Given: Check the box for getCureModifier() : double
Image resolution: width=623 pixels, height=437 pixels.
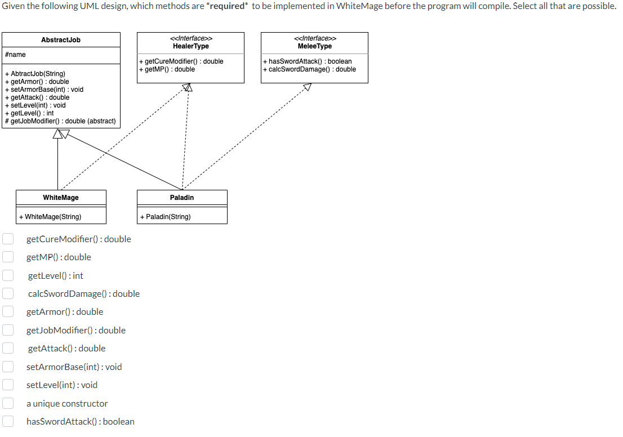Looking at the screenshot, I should (8, 239).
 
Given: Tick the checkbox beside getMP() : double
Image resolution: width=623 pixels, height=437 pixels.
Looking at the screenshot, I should (8, 257).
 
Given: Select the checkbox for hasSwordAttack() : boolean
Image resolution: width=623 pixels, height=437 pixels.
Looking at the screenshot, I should (8, 421).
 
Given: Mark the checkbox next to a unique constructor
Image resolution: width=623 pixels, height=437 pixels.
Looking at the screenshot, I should (8, 403).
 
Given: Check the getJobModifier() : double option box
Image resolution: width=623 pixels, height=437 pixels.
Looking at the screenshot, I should (8, 330).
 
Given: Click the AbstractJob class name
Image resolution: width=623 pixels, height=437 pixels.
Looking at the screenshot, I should (61, 40).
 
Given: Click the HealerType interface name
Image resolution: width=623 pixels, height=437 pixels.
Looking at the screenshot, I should (190, 46).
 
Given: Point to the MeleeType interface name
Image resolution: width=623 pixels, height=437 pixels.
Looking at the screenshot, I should (314, 46).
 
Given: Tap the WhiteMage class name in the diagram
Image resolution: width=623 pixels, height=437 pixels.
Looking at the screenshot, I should (61, 198).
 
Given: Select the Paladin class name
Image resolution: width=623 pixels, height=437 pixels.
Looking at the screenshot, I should (182, 198).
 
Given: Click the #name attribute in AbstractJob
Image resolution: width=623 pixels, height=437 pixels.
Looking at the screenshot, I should (15, 55).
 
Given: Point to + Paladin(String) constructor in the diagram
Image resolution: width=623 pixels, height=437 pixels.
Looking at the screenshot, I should (166, 217).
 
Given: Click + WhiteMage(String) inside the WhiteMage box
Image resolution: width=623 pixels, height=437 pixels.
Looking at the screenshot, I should (50, 217).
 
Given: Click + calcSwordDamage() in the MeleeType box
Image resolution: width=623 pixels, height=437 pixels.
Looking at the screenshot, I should (309, 69).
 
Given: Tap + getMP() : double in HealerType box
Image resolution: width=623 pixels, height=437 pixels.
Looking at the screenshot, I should (167, 69).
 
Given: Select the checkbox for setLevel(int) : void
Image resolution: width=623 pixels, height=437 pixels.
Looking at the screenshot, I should (8, 385).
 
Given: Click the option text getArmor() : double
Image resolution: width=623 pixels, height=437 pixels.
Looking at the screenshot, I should (65, 311).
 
